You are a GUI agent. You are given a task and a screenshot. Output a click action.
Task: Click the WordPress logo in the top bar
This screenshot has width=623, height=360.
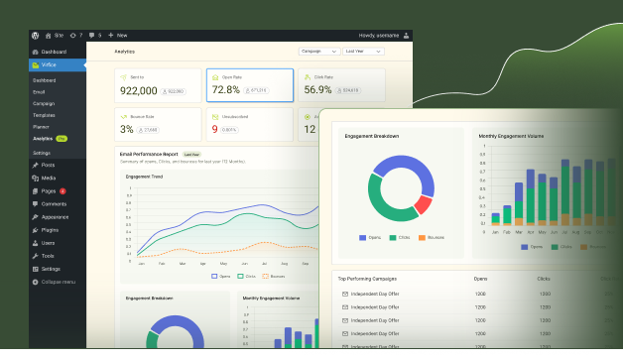[x=35, y=36]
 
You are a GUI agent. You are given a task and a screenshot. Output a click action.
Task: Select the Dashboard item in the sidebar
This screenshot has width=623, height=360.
[x=54, y=52]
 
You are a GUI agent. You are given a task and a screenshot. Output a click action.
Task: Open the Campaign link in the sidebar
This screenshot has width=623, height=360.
[x=44, y=102]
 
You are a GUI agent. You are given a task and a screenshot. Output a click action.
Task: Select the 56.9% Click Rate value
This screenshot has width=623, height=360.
[x=318, y=90]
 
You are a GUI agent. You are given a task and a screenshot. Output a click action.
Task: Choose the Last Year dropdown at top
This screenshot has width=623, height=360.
[x=367, y=50]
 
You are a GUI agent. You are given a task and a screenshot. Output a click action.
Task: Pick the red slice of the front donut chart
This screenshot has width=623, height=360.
[x=424, y=204]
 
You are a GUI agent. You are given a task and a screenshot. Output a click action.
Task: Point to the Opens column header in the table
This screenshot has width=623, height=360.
[x=480, y=280]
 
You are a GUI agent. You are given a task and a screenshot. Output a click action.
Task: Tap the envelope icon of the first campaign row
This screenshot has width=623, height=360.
[x=344, y=295]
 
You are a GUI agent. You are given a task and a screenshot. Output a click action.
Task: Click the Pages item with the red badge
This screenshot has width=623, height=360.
[x=48, y=190]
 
